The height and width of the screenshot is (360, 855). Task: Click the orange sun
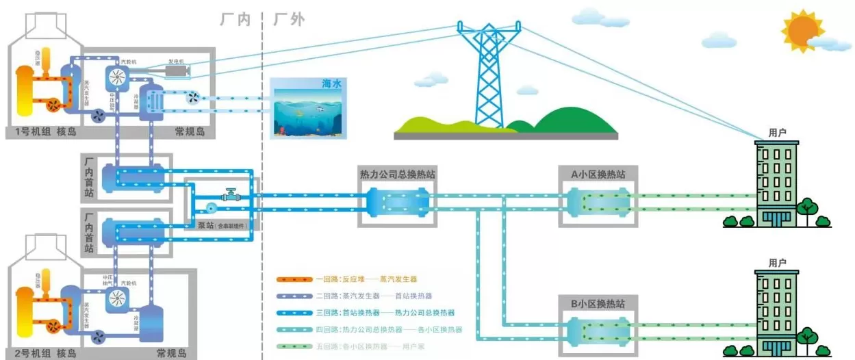tap(802, 29)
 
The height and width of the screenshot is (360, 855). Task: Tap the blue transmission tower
tap(488, 75)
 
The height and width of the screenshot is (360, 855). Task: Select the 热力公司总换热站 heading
tap(397, 175)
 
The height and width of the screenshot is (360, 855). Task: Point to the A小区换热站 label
tap(598, 175)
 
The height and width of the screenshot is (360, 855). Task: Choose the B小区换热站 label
tap(598, 303)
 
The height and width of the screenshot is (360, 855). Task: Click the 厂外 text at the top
tap(288, 19)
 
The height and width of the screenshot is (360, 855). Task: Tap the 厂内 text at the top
tap(235, 19)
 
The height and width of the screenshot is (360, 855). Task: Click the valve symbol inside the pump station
tap(230, 195)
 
